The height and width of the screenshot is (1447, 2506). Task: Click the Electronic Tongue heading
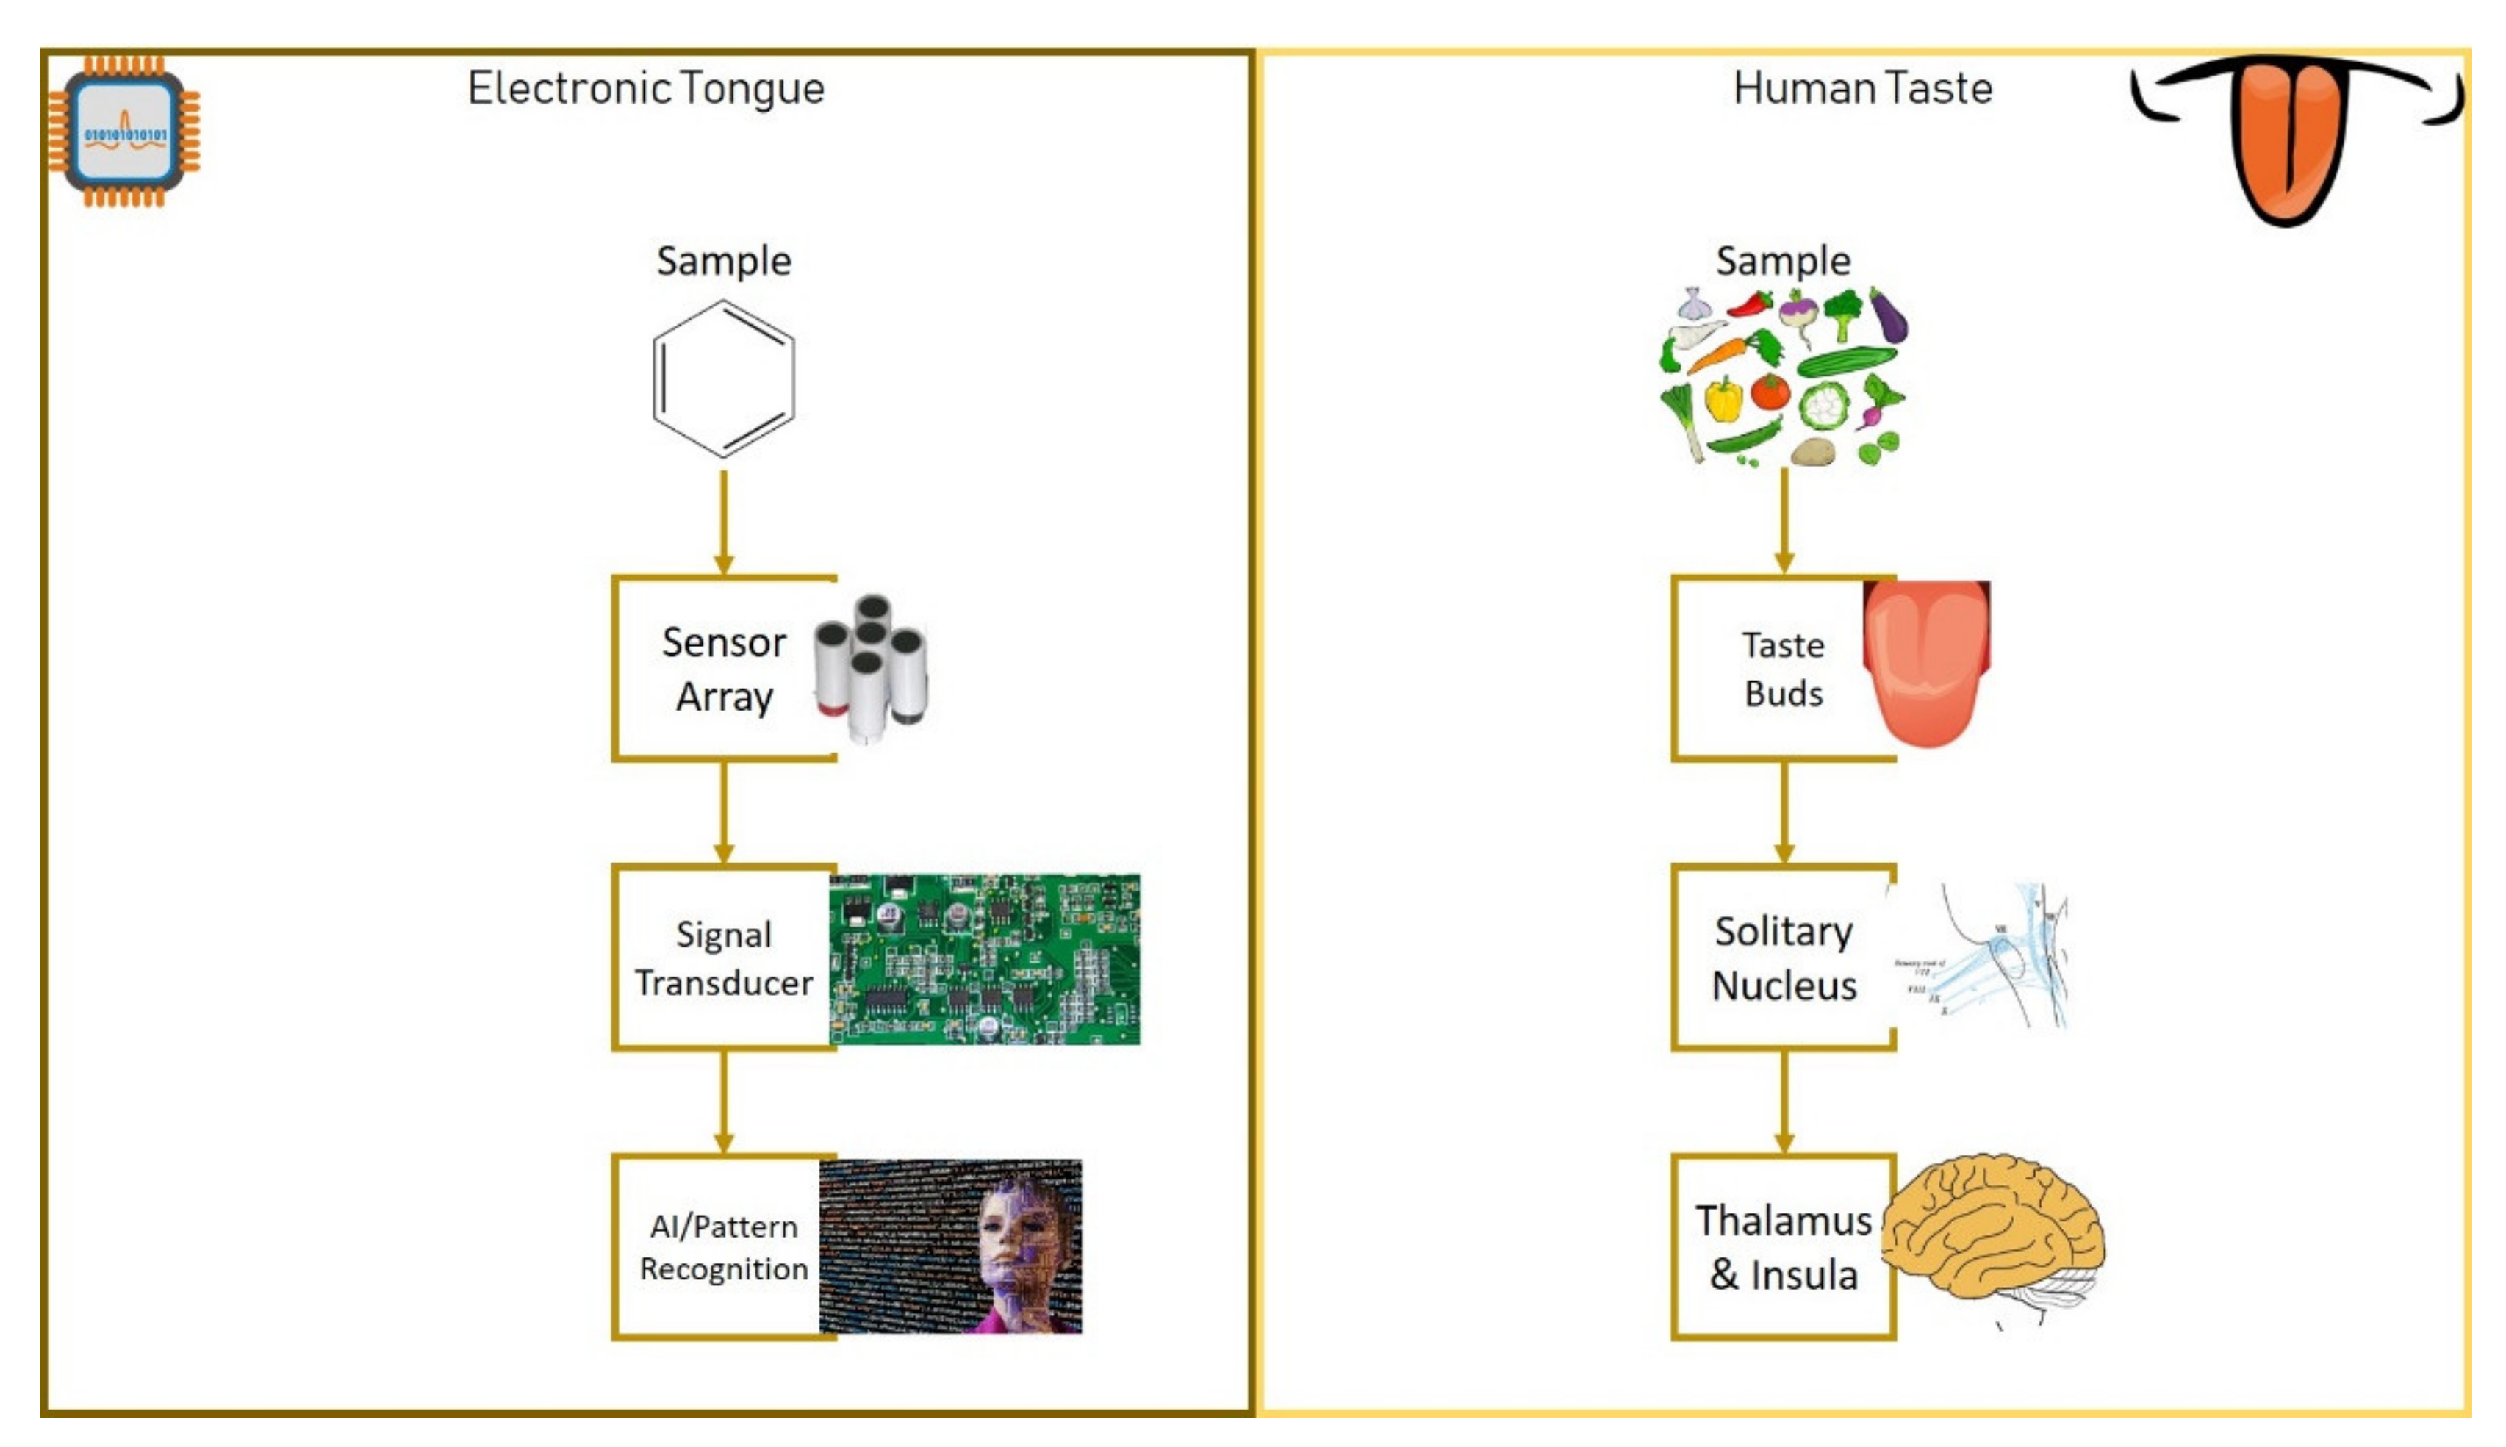point(646,88)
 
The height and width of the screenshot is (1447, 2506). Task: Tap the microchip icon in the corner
point(124,132)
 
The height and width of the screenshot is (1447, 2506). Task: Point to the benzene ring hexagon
point(722,378)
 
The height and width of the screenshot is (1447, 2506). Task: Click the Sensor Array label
point(723,669)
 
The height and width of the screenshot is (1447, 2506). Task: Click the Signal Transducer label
point(723,958)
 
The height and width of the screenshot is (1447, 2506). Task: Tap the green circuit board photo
point(985,959)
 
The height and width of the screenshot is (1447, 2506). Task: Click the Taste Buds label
point(1783,669)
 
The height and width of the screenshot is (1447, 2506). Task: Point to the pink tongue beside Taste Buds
point(1925,661)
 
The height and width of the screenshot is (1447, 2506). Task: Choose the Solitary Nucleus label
point(1783,958)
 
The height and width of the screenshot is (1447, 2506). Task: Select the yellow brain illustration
point(1992,1232)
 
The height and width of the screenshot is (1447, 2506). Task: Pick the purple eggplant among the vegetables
point(1888,316)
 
